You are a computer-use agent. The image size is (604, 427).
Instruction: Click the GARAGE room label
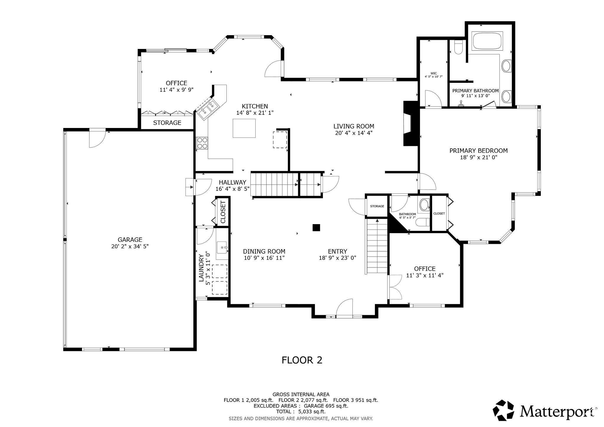[x=130, y=240]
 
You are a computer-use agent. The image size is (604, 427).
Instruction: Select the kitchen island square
[x=244, y=128]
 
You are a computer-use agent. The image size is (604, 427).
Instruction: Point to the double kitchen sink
[x=208, y=109]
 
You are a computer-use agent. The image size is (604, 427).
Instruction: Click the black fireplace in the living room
[x=411, y=124]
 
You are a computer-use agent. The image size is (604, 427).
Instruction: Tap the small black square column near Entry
[x=316, y=227]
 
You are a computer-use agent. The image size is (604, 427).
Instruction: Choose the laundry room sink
[x=222, y=247]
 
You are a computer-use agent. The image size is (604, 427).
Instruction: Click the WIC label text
[x=434, y=73]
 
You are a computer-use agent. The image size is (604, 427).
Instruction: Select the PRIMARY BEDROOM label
[x=478, y=151]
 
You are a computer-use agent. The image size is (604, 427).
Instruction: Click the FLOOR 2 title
[x=302, y=360]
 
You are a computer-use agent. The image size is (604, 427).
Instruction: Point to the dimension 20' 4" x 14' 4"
[x=354, y=133]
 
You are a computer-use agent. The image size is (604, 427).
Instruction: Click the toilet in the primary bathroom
[x=458, y=48]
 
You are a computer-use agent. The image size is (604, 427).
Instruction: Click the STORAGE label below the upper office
[x=167, y=123]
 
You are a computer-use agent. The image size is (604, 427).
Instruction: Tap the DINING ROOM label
[x=264, y=252]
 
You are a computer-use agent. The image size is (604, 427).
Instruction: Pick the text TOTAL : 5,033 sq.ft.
[x=301, y=412]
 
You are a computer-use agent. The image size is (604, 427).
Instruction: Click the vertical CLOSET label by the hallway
[x=223, y=212]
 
